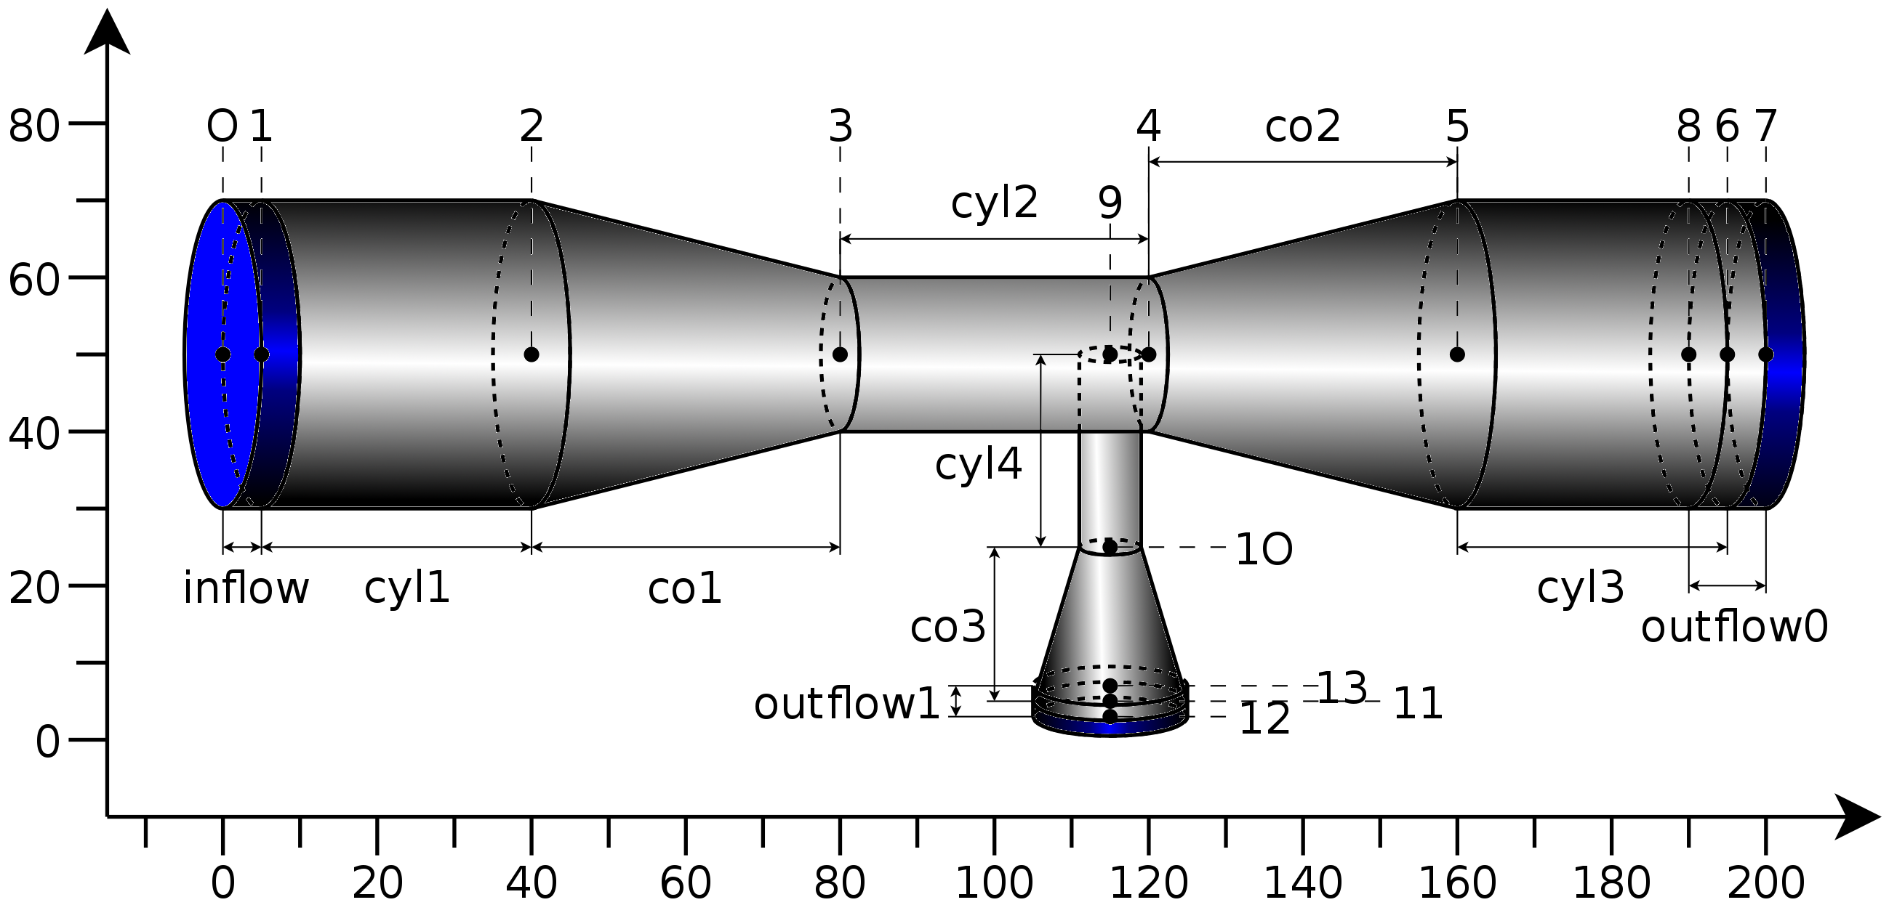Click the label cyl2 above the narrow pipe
click(x=994, y=203)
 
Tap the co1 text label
click(x=684, y=589)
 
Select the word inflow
click(x=246, y=588)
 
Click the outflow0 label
click(x=1734, y=628)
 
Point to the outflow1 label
click(x=846, y=705)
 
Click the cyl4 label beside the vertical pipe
click(x=977, y=465)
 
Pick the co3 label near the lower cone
click(x=947, y=628)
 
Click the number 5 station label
click(x=1457, y=127)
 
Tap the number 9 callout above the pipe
click(x=1110, y=203)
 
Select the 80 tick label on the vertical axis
click(x=33, y=126)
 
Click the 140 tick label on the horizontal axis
click(x=1302, y=883)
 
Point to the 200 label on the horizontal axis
click(x=1765, y=883)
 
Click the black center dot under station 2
click(x=532, y=354)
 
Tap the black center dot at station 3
click(x=841, y=354)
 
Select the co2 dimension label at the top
click(x=1302, y=127)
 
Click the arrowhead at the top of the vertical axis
click(x=107, y=33)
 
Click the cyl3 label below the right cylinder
click(x=1580, y=588)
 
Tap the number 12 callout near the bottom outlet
click(x=1264, y=720)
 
